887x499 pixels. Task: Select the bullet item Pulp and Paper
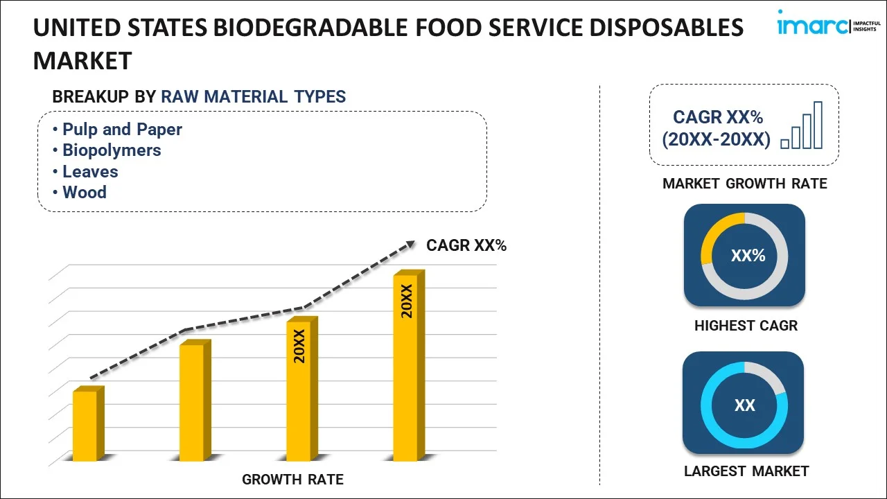coord(122,130)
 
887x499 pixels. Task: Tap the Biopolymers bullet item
coord(112,150)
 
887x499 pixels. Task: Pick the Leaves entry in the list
coord(90,172)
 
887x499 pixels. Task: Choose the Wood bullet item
coord(85,193)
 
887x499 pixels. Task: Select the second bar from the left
coord(192,402)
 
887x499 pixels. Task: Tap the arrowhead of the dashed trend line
coord(410,244)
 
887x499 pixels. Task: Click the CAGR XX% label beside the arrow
coord(466,245)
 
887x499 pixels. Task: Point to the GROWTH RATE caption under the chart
coord(292,480)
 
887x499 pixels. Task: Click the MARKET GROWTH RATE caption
coord(744,184)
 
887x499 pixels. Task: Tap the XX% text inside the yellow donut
coord(748,256)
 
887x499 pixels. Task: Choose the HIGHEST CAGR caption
coord(746,326)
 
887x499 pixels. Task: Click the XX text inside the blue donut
coord(744,405)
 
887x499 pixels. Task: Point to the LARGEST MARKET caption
coord(746,471)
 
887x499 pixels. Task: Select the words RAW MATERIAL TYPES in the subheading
coord(254,97)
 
